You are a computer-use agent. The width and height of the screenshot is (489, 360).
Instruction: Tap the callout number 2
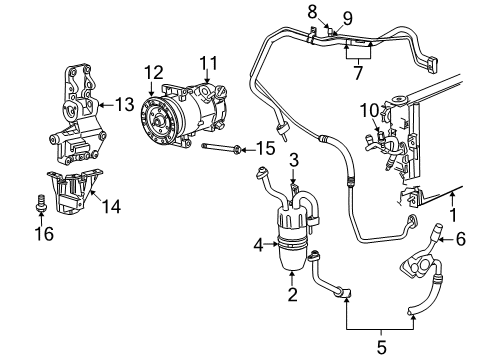tap(292, 295)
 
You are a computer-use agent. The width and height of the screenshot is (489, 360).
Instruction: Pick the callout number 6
tap(461, 238)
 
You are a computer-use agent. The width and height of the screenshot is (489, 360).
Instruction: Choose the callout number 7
tap(357, 73)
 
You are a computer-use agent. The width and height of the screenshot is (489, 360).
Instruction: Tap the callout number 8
tap(312, 11)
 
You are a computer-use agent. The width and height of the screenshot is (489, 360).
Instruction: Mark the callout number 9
tap(347, 17)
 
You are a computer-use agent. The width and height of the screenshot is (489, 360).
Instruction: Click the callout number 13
tap(124, 103)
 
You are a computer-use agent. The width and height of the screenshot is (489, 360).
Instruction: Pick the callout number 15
tap(264, 148)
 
